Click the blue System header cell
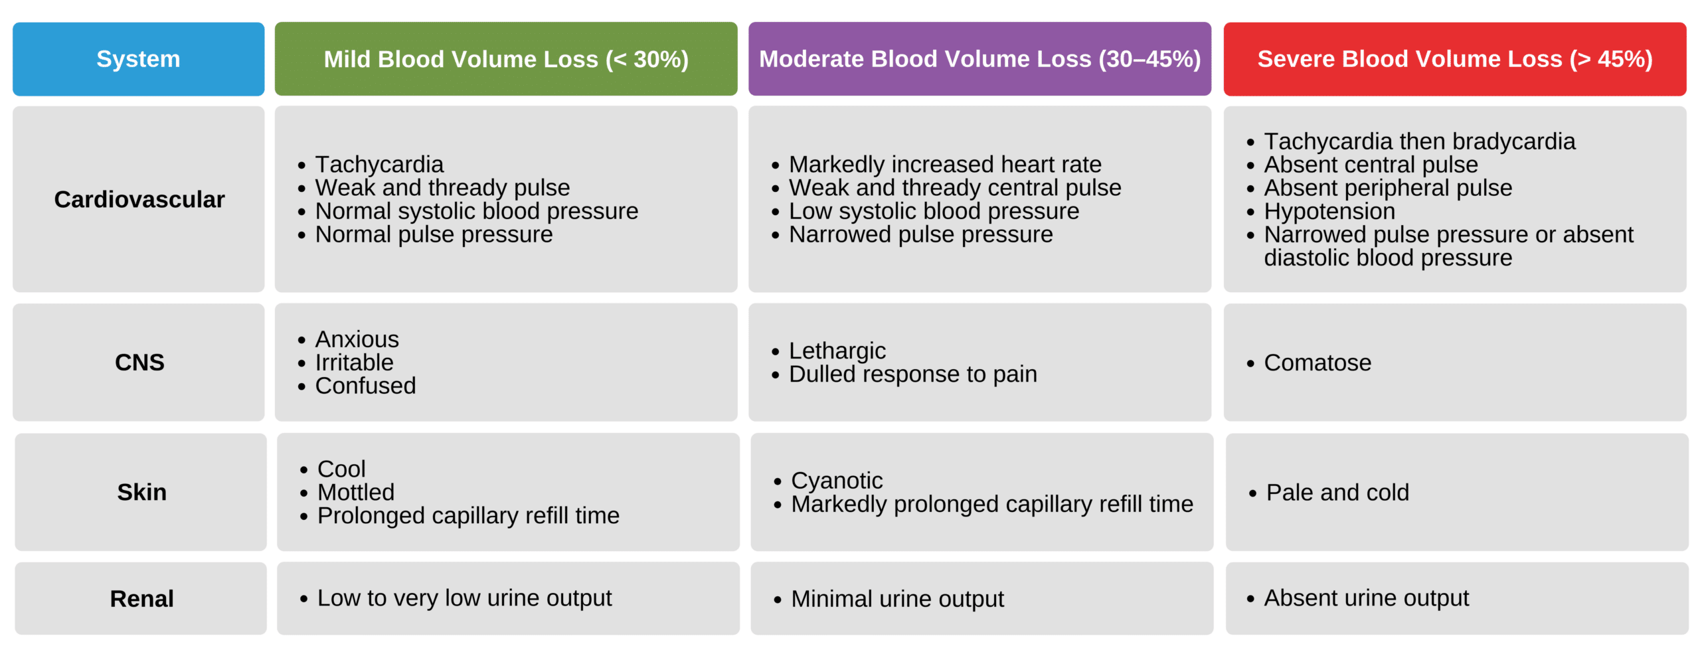pyautogui.click(x=138, y=59)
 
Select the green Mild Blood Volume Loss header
pyautogui.click(x=505, y=59)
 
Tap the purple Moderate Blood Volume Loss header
pyautogui.click(x=979, y=59)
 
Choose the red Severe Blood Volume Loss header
pyautogui.click(x=1454, y=59)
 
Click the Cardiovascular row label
pyautogui.click(x=139, y=199)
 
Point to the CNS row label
pyautogui.click(x=139, y=363)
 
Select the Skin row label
pyautogui.click(x=141, y=492)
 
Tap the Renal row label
pyautogui.click(x=141, y=598)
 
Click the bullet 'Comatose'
pyautogui.click(x=1317, y=363)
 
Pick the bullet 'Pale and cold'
pyautogui.click(x=1337, y=493)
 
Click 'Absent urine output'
pyautogui.click(x=1366, y=598)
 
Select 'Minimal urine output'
pyautogui.click(x=897, y=598)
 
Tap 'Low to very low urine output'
pyautogui.click(x=464, y=598)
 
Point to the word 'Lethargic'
pyautogui.click(x=837, y=351)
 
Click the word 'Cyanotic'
pyautogui.click(x=837, y=480)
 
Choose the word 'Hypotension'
pyautogui.click(x=1329, y=211)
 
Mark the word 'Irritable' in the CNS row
pyautogui.click(x=354, y=363)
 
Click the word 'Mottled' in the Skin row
pyautogui.click(x=356, y=492)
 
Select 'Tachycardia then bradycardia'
pyautogui.click(x=1419, y=141)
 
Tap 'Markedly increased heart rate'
pyautogui.click(x=945, y=164)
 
